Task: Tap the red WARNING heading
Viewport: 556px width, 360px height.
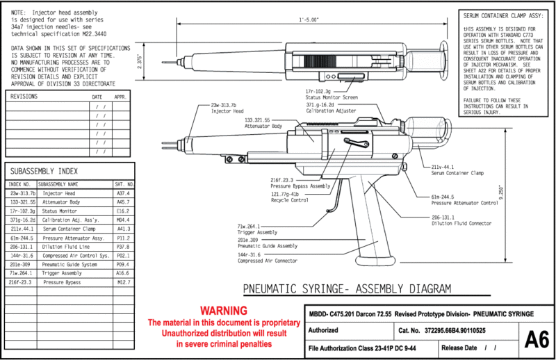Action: (222, 310)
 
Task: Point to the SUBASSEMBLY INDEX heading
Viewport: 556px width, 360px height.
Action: (44, 171)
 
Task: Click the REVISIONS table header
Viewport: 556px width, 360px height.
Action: (24, 97)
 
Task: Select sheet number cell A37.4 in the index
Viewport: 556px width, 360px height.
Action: (124, 193)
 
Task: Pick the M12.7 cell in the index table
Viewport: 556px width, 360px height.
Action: (124, 283)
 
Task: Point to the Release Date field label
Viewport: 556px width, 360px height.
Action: (459, 347)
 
